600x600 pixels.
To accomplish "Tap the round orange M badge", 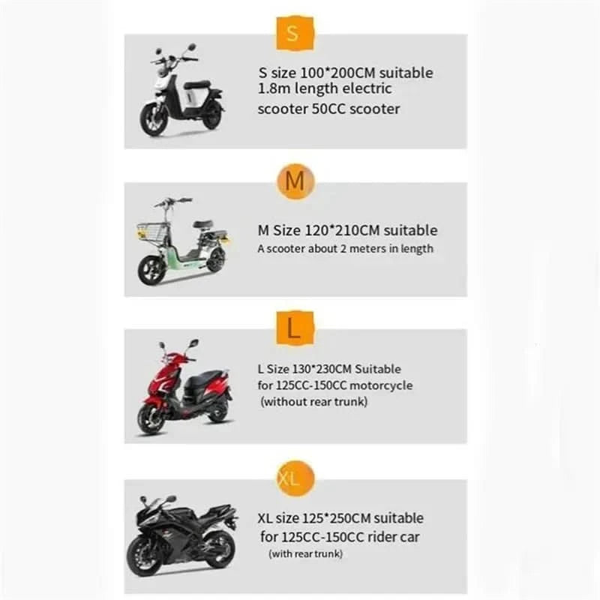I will coord(295,182).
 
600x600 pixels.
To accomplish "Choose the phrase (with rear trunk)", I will coord(306,553).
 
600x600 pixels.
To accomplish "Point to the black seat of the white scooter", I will coord(196,84).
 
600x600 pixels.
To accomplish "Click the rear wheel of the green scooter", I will coord(215,260).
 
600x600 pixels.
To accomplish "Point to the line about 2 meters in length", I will coord(345,248).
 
